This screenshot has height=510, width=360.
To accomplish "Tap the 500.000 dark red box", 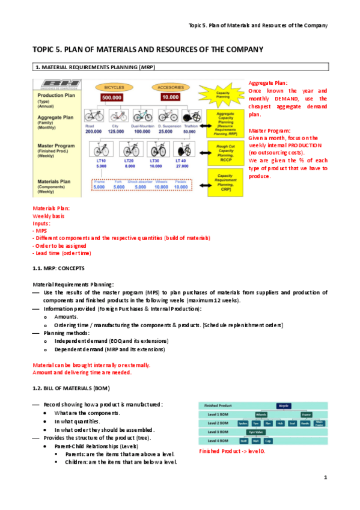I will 113,97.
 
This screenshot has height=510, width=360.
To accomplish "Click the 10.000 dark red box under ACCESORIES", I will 170,97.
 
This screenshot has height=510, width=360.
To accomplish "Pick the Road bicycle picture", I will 93,116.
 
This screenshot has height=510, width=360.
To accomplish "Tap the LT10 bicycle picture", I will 100,149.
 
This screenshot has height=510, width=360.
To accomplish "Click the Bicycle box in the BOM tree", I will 284,406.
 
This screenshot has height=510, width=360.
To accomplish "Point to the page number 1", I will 325,478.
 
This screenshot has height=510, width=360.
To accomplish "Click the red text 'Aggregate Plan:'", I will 268,82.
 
